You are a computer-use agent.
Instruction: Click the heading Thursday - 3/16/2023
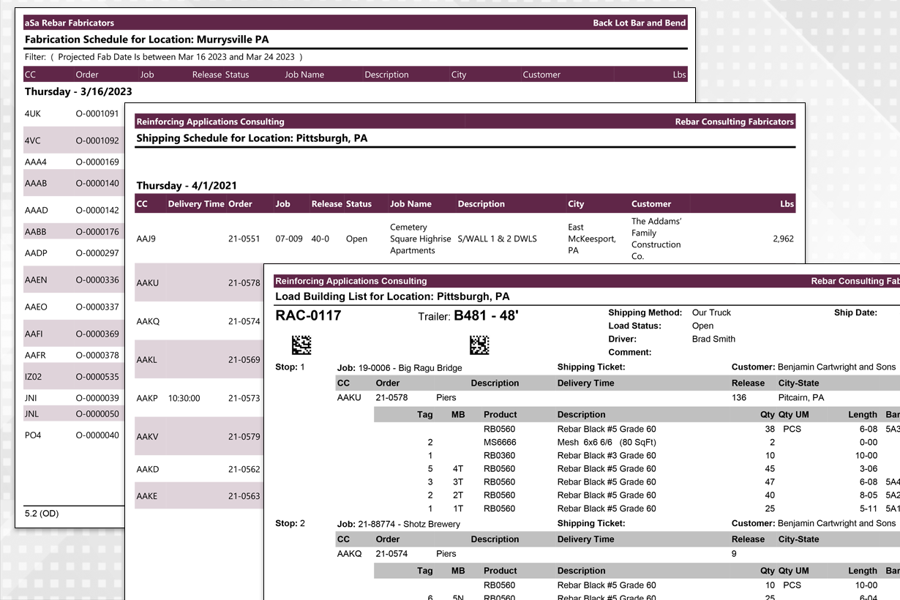click(x=78, y=92)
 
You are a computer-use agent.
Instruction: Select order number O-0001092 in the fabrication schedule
click(x=97, y=140)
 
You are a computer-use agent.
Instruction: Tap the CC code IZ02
click(x=34, y=378)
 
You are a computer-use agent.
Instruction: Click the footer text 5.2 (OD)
click(x=42, y=514)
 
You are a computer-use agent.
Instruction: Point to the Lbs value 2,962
click(x=783, y=239)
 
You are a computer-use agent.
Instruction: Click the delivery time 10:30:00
click(x=184, y=399)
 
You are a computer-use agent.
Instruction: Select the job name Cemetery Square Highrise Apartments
click(x=413, y=239)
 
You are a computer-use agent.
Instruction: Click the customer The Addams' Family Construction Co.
click(x=656, y=239)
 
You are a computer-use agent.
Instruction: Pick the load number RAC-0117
click(x=308, y=316)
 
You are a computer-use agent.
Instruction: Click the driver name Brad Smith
click(x=713, y=340)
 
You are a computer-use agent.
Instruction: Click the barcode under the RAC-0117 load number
click(x=301, y=345)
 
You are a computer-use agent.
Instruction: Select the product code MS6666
click(x=500, y=443)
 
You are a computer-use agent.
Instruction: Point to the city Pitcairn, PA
click(x=801, y=398)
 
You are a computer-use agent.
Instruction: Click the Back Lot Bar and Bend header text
click(x=639, y=23)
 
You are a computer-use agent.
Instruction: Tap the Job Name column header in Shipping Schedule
click(x=410, y=204)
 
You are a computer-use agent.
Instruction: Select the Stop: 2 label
click(x=290, y=524)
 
